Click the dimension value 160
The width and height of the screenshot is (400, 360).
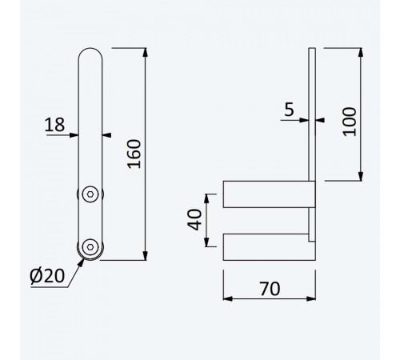[134, 154]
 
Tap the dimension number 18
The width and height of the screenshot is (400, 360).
[54, 125]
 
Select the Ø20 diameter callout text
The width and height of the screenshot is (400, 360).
[47, 276]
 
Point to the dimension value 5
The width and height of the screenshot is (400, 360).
[289, 110]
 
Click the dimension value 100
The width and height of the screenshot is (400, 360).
[350, 122]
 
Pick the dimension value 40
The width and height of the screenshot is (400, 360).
[194, 220]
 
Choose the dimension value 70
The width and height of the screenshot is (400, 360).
[270, 289]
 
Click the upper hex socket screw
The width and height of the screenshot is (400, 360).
[90, 194]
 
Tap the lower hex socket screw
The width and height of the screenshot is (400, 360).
[90, 247]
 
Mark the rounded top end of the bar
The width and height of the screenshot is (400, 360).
[90, 49]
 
